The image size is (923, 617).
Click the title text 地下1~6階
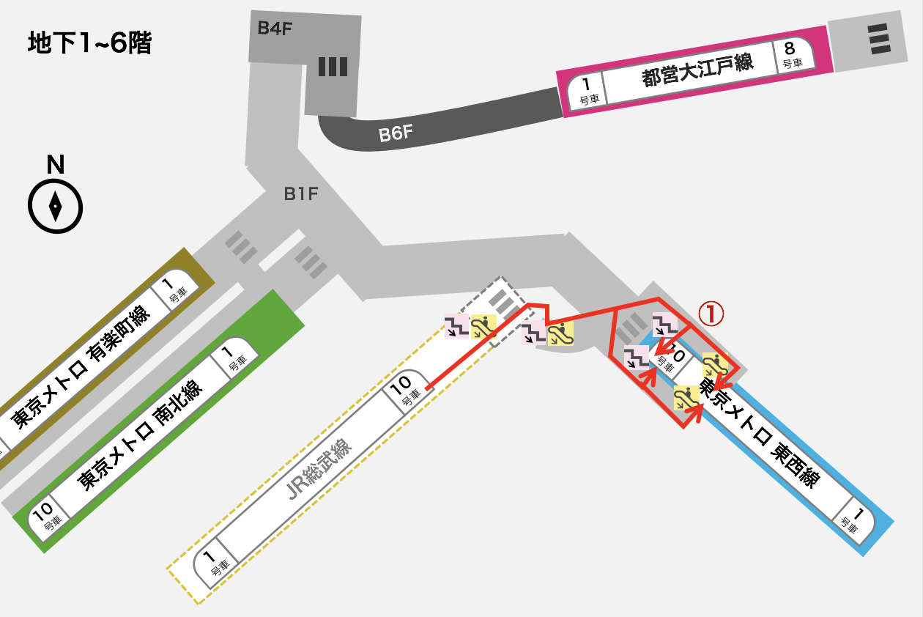click(x=89, y=44)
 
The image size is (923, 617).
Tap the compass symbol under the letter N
click(x=55, y=207)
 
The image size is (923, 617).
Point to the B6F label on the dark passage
click(x=396, y=134)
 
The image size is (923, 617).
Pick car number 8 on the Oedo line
click(x=790, y=53)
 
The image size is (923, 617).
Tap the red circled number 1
click(x=710, y=314)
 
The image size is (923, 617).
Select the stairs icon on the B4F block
click(x=333, y=67)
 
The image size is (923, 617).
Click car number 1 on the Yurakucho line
click(x=170, y=289)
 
